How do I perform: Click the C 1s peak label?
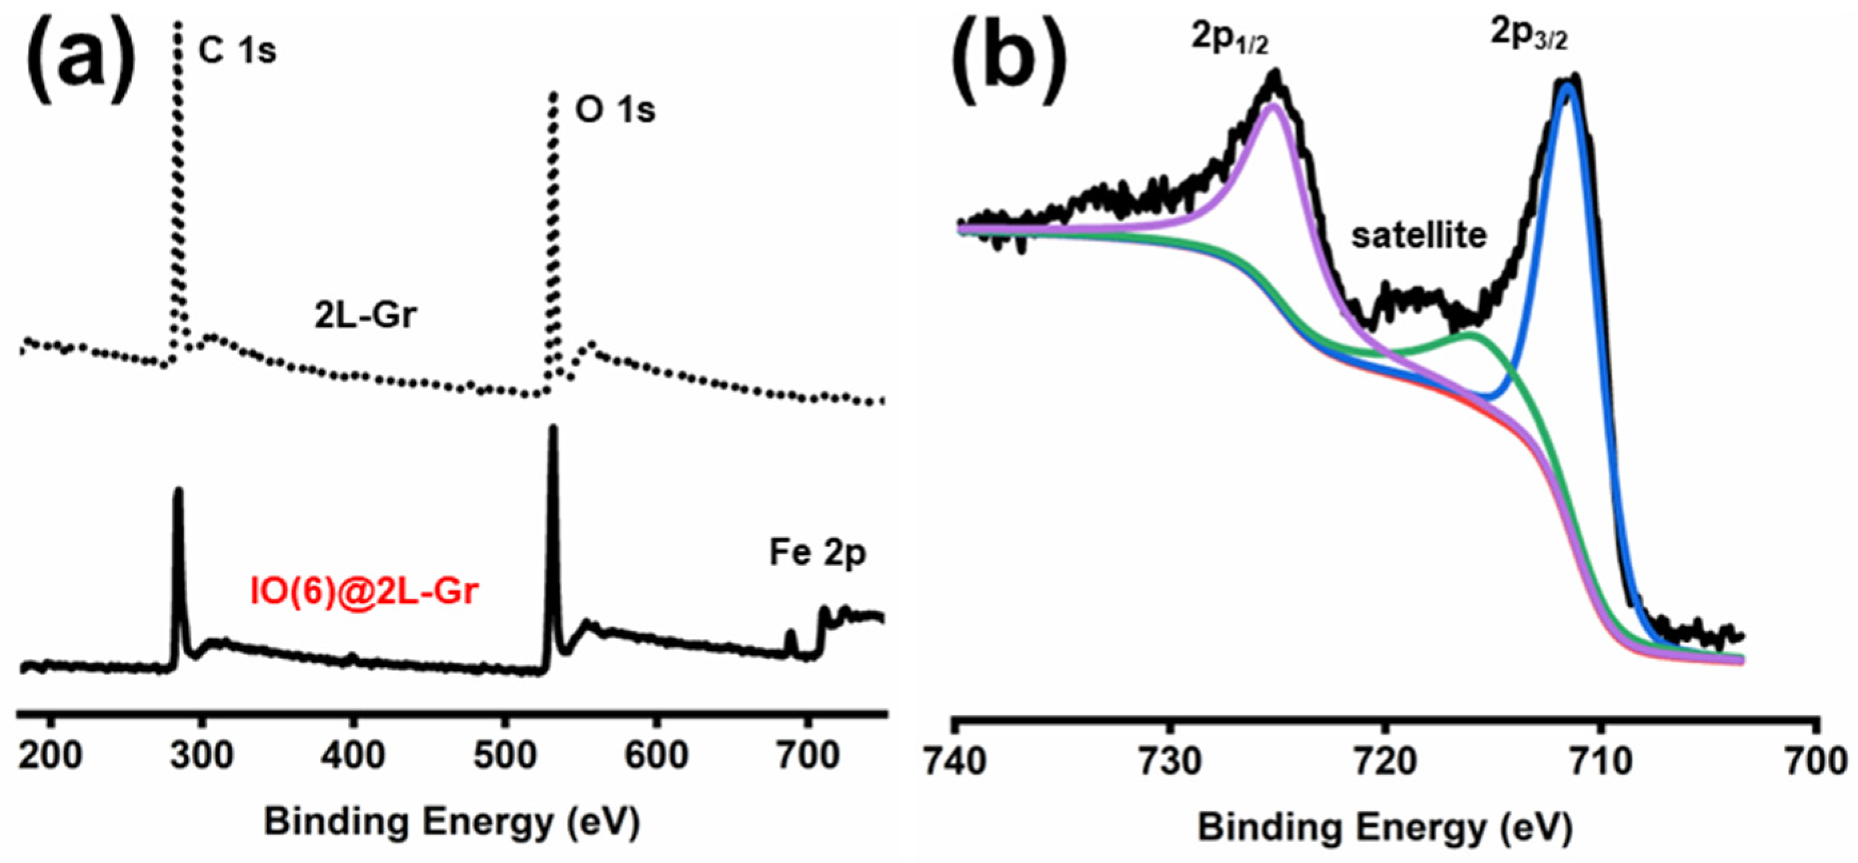[237, 51]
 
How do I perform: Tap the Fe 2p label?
[816, 553]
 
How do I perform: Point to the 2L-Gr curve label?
[365, 315]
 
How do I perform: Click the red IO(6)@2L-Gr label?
[364, 591]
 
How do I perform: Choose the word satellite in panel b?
[1419, 236]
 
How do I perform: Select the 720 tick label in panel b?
[1386, 761]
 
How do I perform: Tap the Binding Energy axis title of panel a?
[451, 822]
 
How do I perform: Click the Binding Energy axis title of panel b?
[1385, 828]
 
